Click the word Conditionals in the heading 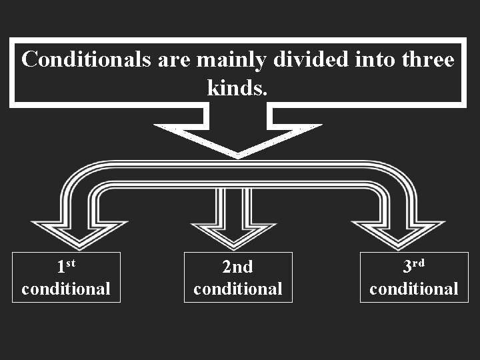click(87, 60)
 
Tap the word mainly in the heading click(231, 60)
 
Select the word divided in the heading click(306, 60)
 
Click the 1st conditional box click(66, 277)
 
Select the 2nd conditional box click(238, 277)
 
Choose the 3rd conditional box click(414, 277)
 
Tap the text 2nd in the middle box click(238, 267)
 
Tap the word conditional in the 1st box click(66, 289)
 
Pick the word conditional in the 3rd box click(414, 289)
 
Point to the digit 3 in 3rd click(408, 267)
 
